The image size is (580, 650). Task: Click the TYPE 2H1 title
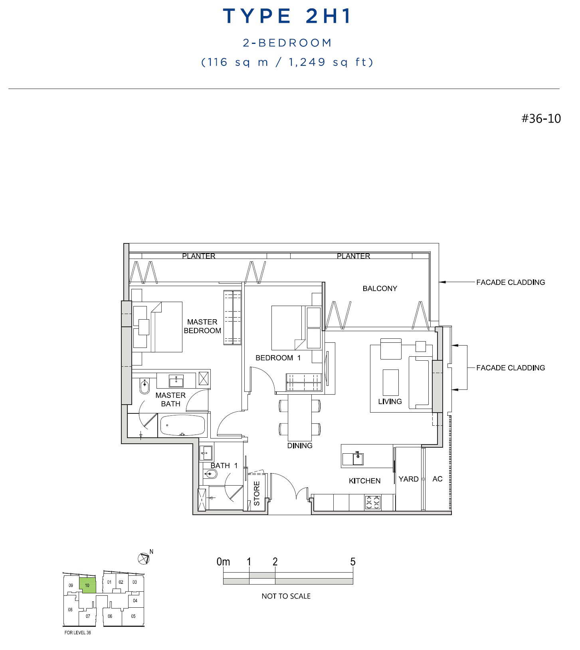click(287, 16)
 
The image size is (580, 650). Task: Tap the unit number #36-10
click(541, 119)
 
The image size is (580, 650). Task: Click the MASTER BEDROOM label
click(202, 326)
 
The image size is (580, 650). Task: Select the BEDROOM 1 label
click(278, 358)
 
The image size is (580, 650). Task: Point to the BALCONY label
click(380, 288)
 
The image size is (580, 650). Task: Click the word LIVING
click(390, 401)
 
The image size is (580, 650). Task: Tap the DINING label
click(300, 446)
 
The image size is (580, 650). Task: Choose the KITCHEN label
click(364, 481)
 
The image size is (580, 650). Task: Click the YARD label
click(408, 479)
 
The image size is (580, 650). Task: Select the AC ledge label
click(437, 479)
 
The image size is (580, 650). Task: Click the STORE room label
click(257, 493)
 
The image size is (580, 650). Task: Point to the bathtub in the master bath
click(182, 425)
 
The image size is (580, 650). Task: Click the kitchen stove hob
click(373, 502)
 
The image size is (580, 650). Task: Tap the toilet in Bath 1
click(210, 474)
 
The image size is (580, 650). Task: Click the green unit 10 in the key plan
click(87, 585)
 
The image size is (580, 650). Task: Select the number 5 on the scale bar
click(353, 562)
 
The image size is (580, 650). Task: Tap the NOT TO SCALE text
click(286, 596)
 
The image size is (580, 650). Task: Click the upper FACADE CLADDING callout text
click(511, 283)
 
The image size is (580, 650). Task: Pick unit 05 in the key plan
click(133, 616)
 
